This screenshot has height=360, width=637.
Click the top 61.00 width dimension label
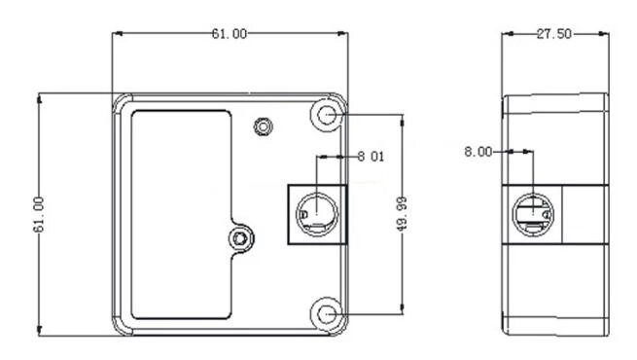[x=230, y=34]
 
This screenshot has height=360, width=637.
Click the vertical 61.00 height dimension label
[x=39, y=214]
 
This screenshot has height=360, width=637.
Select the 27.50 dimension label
[x=554, y=34]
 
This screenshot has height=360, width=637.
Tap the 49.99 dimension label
[x=402, y=214]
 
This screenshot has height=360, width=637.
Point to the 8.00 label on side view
[x=478, y=152]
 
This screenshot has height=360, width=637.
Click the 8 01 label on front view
[x=371, y=157]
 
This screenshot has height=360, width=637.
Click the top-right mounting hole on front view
[x=326, y=115]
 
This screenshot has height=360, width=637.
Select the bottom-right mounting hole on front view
[x=326, y=314]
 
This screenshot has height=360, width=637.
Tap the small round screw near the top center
[x=264, y=126]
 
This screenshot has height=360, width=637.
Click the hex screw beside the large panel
[x=240, y=238]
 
